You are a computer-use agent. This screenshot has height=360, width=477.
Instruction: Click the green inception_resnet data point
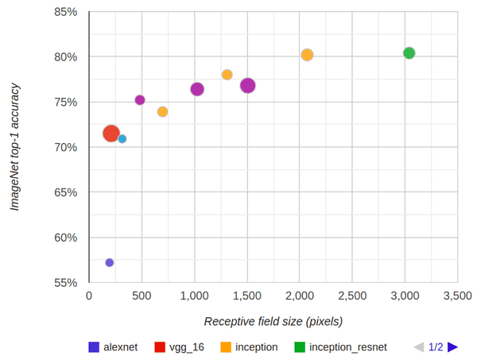409,53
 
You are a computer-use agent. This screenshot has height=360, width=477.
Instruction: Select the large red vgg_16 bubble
111,134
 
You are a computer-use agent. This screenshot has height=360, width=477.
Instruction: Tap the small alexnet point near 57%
110,262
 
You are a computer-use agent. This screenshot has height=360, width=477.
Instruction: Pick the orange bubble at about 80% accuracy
307,55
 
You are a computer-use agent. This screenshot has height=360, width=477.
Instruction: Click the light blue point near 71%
122,139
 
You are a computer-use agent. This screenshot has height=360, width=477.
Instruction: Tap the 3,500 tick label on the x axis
457,296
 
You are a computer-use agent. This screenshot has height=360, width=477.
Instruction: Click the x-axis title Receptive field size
273,321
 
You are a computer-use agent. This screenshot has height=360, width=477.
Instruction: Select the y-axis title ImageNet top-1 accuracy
15,147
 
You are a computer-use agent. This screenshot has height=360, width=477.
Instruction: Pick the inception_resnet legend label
347,347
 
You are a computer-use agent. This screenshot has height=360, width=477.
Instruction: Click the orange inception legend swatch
226,347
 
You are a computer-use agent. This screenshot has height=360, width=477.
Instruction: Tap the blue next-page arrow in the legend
452,347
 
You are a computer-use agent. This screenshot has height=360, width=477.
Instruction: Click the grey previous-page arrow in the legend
419,347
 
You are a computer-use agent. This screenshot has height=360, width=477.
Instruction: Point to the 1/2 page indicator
436,347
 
